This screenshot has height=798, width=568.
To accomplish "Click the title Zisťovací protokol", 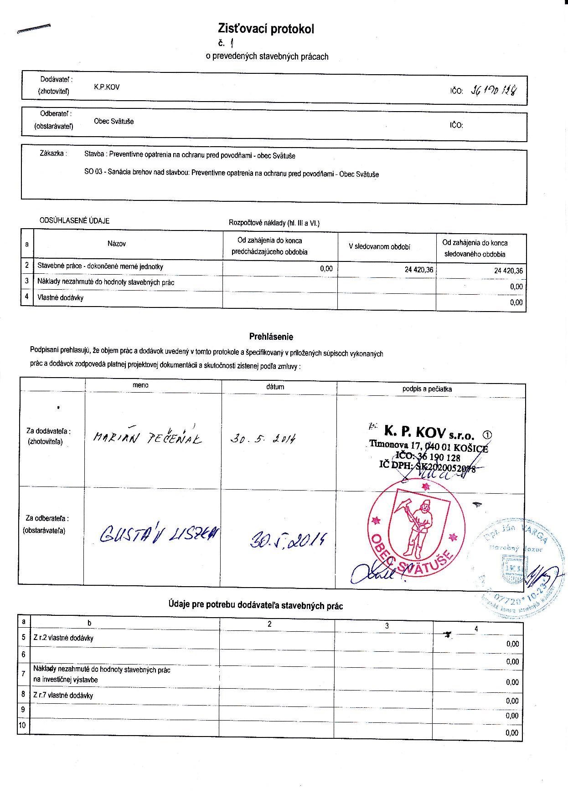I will coord(266,30).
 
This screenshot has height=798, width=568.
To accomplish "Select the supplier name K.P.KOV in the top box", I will coord(107,87).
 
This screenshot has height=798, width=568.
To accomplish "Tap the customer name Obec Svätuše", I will coord(114,122).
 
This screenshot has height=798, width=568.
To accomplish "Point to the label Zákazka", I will coord(53,153).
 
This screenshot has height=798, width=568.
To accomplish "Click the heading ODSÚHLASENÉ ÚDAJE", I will coord(75,221).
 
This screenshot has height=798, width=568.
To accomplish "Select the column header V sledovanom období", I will coord(379,246).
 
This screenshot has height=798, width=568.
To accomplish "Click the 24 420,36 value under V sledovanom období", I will coord(418,270).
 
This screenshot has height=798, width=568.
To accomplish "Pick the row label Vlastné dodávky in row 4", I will coord(60,298).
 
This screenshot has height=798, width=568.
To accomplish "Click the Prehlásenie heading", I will coord(271,337).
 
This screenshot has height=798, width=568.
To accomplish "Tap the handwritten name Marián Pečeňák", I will coord(147,437).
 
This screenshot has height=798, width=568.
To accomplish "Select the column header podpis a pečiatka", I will coord(427,389).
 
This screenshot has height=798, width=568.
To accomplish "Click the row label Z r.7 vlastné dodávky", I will coord(63,696).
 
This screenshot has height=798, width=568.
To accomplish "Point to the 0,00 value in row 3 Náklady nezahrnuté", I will coord(516,286).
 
